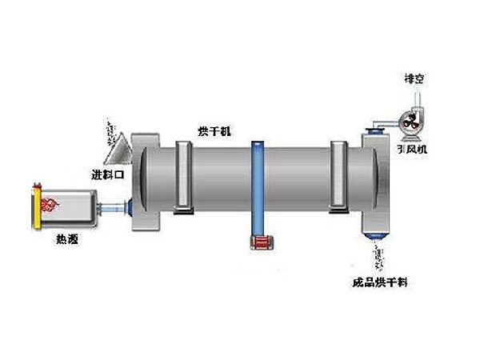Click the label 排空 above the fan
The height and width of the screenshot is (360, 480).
tap(415, 78)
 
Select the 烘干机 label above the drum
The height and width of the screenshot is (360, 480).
tap(214, 129)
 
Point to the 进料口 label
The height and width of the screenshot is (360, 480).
tap(106, 174)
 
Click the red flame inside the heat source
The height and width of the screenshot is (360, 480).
tap(49, 204)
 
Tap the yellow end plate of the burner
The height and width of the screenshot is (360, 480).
tap(35, 206)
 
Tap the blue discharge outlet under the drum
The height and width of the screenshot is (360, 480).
tap(376, 234)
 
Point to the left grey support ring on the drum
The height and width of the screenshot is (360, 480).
tap(182, 178)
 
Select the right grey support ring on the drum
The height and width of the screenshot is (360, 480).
tap(340, 178)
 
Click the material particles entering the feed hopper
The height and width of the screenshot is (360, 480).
tap(109, 128)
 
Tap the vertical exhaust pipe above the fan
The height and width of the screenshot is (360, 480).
tap(415, 97)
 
